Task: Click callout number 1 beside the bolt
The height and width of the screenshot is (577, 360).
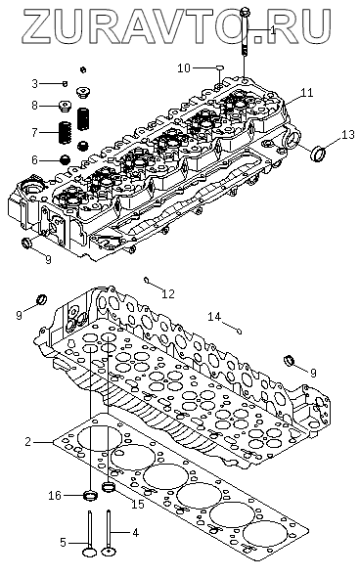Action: coord(273,30)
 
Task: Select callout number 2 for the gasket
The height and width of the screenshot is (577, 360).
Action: coord(28,441)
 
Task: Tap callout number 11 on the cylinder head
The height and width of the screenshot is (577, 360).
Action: coord(307,93)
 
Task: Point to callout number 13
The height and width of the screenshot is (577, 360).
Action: coord(348,135)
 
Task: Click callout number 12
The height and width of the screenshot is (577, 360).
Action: coord(168,293)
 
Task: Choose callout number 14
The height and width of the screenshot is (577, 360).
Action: coord(214,316)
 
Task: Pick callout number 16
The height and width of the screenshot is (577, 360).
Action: coord(55,496)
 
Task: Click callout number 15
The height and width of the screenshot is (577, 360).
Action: coord(138,504)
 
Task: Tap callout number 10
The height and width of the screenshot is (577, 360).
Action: coord(184,68)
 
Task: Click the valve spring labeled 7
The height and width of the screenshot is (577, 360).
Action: coord(66,133)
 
